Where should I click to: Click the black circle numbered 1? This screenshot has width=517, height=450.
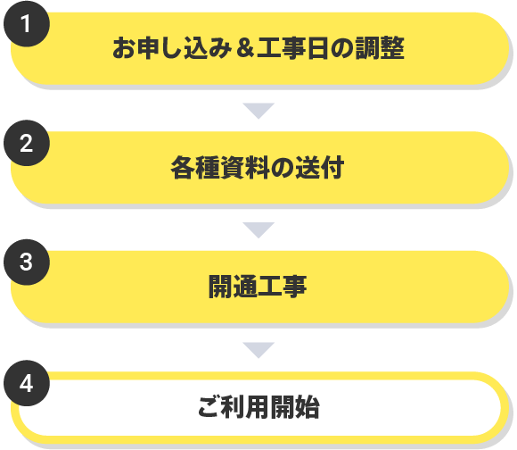click(27, 24)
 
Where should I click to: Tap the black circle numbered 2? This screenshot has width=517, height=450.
click(27, 143)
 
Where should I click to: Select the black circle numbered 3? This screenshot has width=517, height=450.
click(27, 262)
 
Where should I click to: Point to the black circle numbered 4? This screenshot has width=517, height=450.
click(27, 383)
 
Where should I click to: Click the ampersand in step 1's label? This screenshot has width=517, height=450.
click(245, 48)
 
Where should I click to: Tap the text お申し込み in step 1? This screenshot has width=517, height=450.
click(172, 48)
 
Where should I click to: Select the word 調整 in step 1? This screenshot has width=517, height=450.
click(380, 48)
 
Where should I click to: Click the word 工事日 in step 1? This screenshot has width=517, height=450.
click(293, 48)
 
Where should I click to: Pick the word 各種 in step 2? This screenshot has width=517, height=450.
click(195, 167)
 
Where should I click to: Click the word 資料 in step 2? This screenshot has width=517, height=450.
click(245, 167)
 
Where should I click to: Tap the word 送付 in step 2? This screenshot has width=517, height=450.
click(319, 167)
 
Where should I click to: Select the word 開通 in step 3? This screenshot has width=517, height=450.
click(233, 287)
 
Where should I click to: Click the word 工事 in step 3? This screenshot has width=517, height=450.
click(283, 287)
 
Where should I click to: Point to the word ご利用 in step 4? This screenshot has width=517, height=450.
click(234, 407)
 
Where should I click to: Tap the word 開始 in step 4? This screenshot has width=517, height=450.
click(295, 407)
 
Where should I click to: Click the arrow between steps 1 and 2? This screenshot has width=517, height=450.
click(258, 111)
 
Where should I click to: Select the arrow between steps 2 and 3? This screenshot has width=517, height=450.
click(258, 230)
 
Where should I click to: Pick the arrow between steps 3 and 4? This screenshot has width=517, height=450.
click(258, 350)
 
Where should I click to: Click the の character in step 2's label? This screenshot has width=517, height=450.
click(283, 168)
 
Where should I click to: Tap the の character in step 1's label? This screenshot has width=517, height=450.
click(342, 48)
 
